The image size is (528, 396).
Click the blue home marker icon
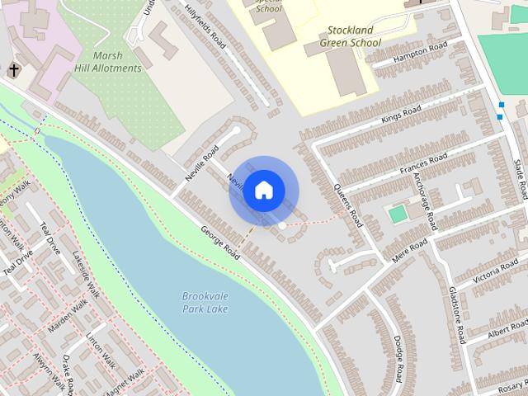click(263, 190)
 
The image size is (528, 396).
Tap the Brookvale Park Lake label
click(205, 302)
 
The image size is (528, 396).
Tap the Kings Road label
click(402, 115)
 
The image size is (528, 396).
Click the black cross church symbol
click(14, 69)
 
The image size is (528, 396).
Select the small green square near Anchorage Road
click(398, 214)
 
